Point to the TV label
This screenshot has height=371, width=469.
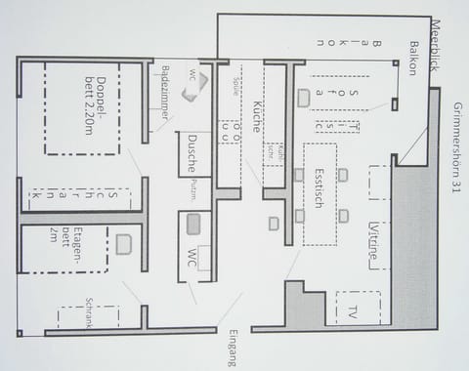click(x=351, y=312)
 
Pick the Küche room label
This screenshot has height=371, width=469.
click(x=257, y=116)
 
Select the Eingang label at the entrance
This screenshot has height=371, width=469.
click(x=231, y=348)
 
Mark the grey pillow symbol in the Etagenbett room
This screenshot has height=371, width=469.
click(x=123, y=244)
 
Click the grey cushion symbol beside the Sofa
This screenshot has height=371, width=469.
click(x=304, y=98)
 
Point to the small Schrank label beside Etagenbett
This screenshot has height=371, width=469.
click(x=88, y=311)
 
